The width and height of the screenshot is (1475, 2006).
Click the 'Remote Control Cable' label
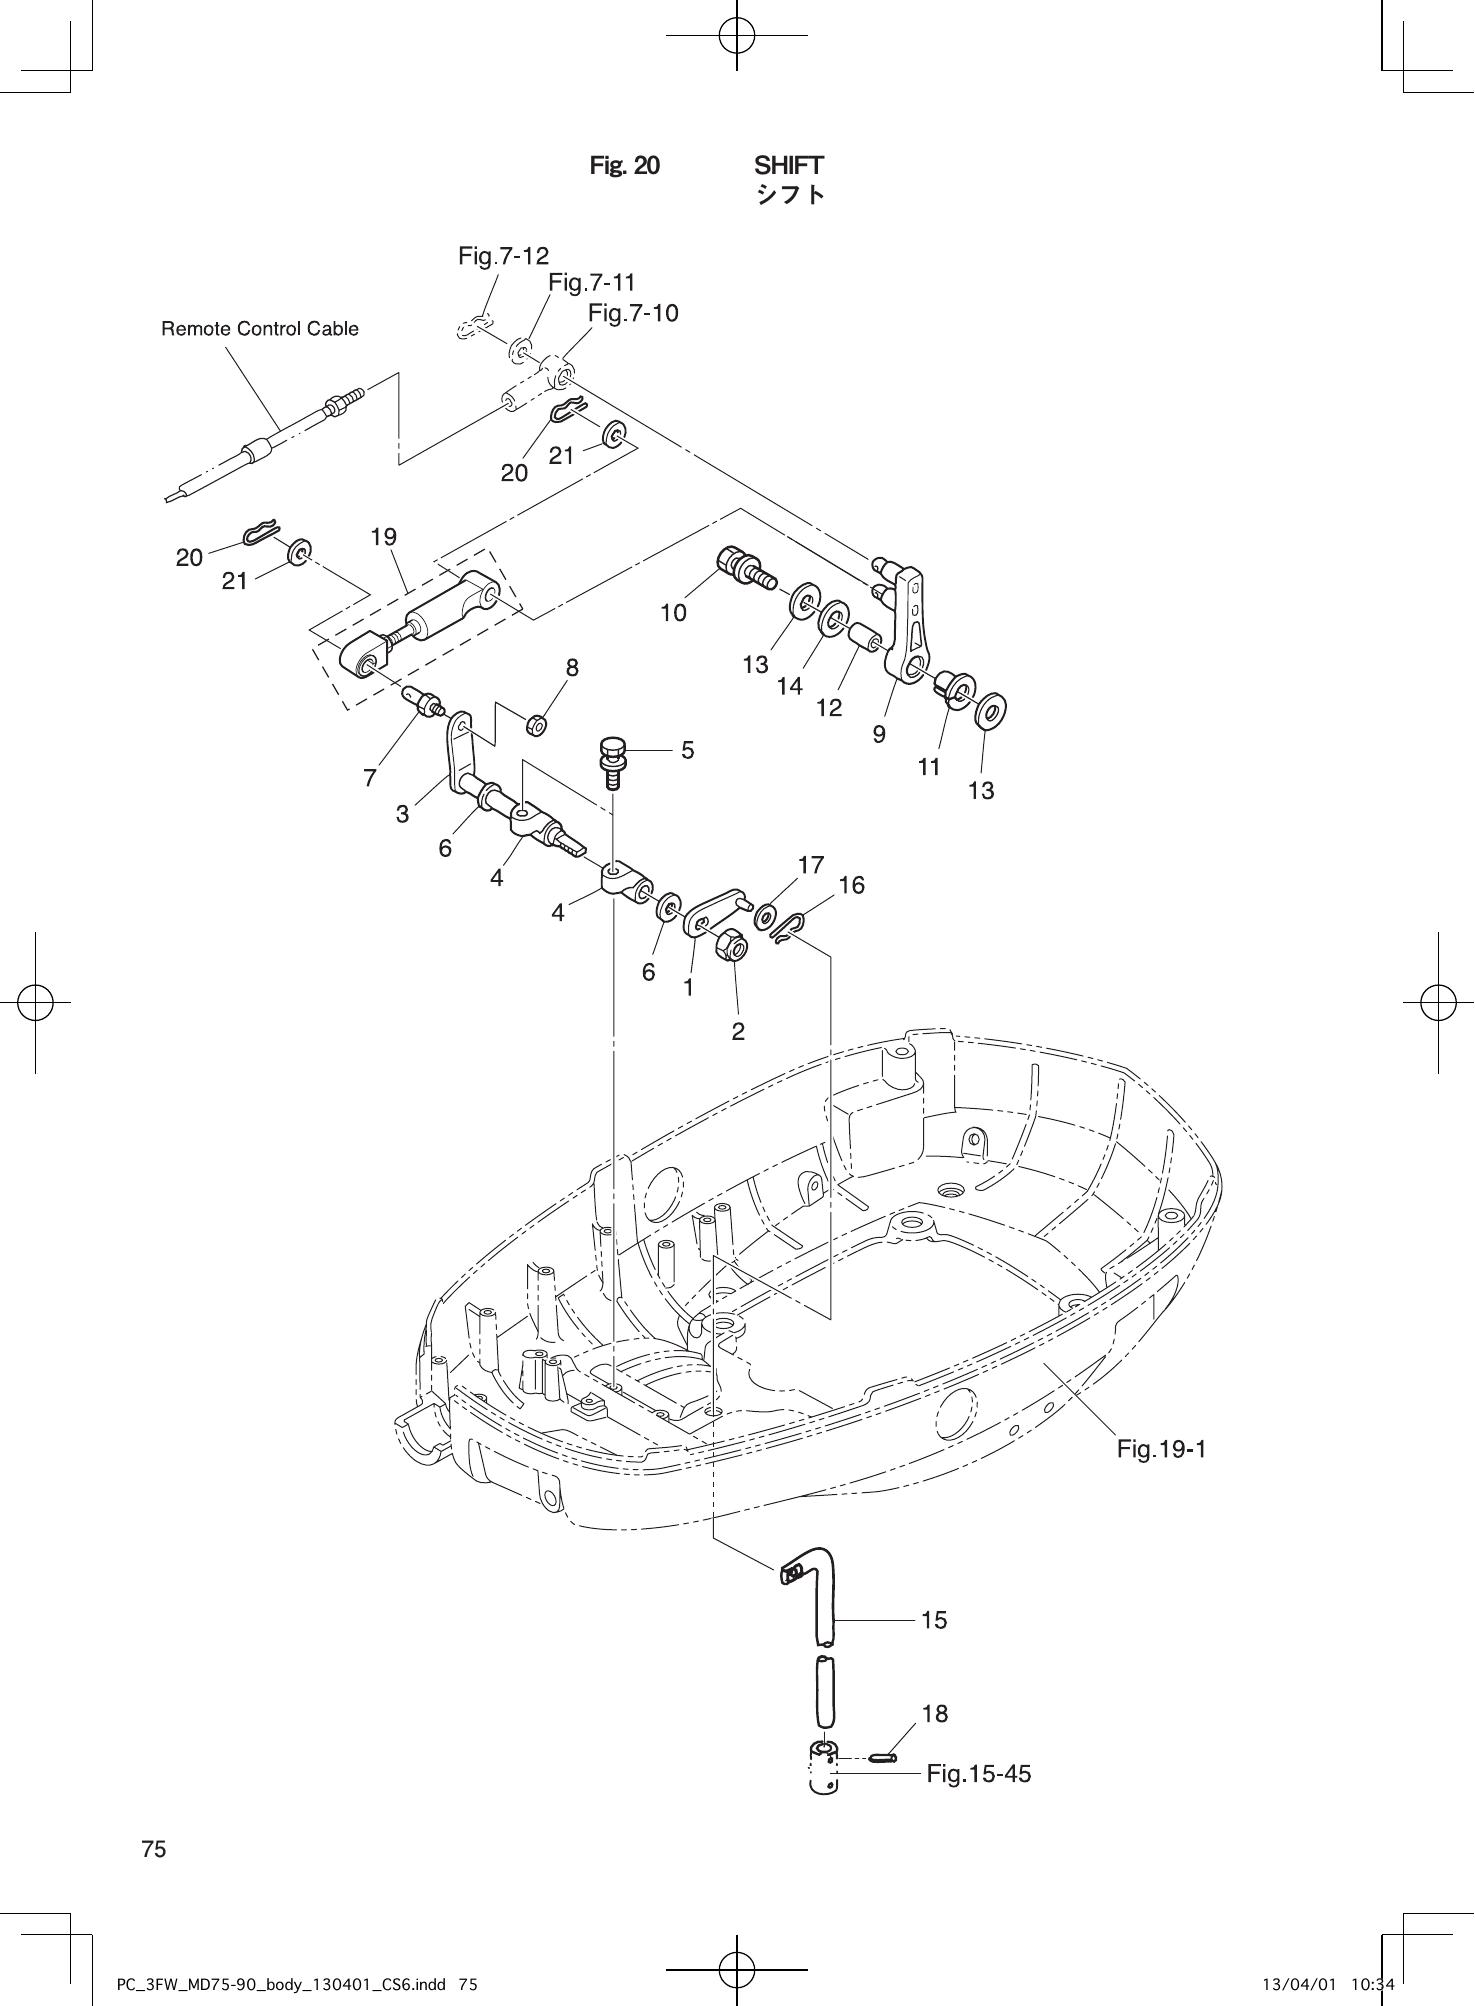(260, 329)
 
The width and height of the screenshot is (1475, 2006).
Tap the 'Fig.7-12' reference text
(503, 257)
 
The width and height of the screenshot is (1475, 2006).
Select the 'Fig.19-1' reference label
(1161, 1449)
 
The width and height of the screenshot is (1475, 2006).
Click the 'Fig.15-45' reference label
(978, 1774)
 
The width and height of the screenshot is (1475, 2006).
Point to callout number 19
(383, 537)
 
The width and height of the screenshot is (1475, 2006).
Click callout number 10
(673, 613)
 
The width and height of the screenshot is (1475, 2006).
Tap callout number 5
(687, 749)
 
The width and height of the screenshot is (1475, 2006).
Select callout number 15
(934, 1619)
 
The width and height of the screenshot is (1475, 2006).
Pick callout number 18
(934, 1713)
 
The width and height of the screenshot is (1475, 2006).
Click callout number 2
(738, 1031)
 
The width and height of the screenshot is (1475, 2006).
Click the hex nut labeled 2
(732, 944)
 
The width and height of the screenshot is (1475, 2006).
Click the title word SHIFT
(788, 165)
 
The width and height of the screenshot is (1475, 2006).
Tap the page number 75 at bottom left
(153, 1849)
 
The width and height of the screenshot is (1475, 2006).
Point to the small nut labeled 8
(536, 722)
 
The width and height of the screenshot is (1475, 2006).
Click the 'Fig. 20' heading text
(625, 166)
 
